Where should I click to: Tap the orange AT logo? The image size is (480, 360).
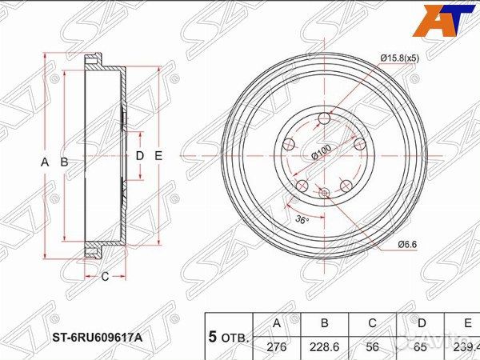click(443, 19)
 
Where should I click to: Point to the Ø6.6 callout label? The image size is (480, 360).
click(409, 245)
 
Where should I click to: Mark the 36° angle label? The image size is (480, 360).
click(301, 218)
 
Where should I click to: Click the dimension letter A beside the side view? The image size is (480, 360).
click(45, 162)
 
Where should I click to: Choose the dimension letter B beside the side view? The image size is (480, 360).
click(64, 162)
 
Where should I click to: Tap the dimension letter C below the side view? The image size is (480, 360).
click(104, 277)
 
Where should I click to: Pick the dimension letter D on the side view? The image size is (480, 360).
click(138, 155)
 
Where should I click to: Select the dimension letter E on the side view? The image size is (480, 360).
click(158, 155)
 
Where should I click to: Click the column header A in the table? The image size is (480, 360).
click(277, 324)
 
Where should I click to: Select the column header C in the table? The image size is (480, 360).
click(373, 324)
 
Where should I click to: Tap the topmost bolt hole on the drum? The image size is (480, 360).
click(324, 119)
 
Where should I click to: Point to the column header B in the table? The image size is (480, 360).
click(325, 324)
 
